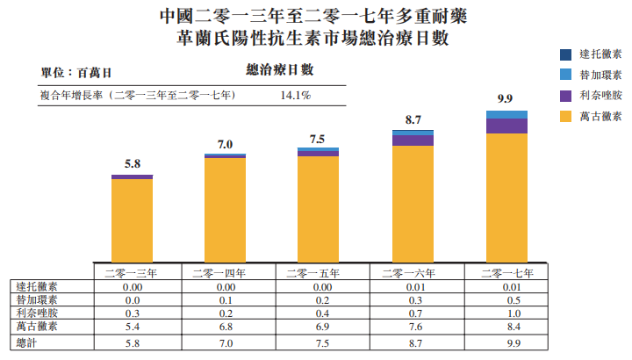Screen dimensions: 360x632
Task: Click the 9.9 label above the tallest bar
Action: (505, 98)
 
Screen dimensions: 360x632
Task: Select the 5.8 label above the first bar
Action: (132, 163)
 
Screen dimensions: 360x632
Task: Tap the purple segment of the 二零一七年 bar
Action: (506, 126)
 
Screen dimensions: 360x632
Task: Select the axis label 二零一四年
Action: (225, 273)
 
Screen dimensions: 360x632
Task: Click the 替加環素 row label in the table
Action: (37, 299)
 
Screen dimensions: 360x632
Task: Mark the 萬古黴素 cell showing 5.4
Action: (133, 327)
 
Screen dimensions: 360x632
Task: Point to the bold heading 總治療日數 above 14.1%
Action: (274, 70)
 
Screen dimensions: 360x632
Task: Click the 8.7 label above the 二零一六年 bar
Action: (413, 118)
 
